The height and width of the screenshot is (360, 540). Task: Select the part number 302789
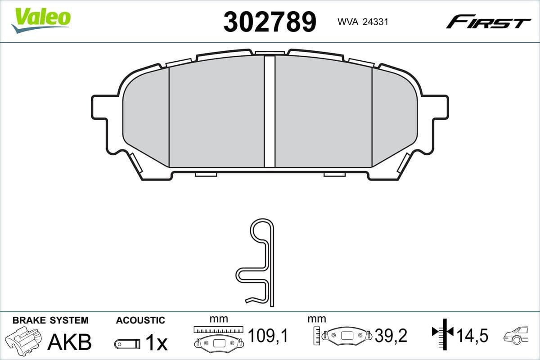point(270,22)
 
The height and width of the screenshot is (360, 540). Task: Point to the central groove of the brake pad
point(269,110)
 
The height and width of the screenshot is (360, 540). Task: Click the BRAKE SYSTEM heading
point(50,320)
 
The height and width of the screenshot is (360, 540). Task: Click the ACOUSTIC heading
point(140,320)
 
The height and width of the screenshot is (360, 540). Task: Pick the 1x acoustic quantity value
point(156,343)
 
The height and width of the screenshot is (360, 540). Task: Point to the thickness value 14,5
point(472,335)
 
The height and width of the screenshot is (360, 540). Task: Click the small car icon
point(517,335)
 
